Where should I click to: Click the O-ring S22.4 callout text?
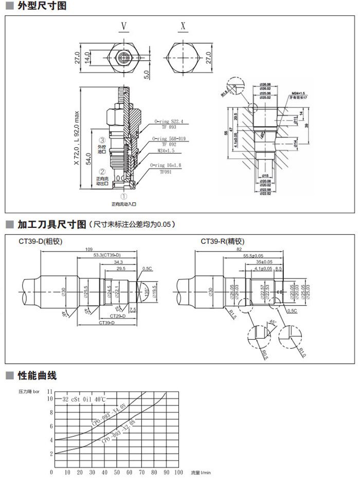[169, 122]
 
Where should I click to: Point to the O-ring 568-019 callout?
[171, 139]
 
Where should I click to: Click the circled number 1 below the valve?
[123, 197]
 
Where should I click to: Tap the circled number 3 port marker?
[102, 139]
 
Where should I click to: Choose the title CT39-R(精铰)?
[222, 241]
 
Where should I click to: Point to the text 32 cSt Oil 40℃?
[84, 399]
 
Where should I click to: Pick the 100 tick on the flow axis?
[178, 472]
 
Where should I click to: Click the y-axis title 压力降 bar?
[32, 392]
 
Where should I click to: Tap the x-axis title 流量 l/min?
[201, 472]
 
